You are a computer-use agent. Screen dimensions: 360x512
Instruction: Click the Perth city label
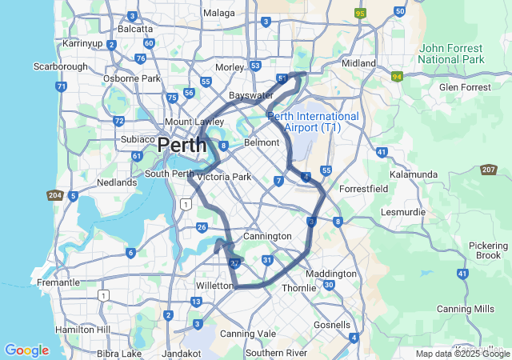(x=182, y=146)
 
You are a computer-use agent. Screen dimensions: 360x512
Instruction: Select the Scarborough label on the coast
(x=60, y=66)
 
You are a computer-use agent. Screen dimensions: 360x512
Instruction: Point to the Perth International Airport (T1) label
(x=314, y=122)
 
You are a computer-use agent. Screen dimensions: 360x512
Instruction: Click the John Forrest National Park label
(x=451, y=54)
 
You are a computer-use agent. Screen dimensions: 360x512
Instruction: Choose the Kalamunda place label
(x=413, y=174)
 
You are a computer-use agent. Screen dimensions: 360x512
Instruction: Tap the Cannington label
(x=267, y=236)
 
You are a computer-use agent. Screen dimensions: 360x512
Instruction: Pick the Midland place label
(x=358, y=63)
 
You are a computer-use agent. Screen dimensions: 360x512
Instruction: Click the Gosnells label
(x=332, y=325)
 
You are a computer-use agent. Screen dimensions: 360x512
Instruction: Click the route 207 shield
(x=489, y=170)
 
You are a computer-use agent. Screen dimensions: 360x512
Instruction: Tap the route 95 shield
(x=360, y=14)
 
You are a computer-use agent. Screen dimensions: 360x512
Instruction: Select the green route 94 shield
(x=397, y=77)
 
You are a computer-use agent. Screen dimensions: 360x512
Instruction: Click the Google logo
(x=26, y=350)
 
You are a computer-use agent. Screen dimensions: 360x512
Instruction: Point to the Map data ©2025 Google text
(x=462, y=354)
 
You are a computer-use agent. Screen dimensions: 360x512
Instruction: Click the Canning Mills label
(x=465, y=309)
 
